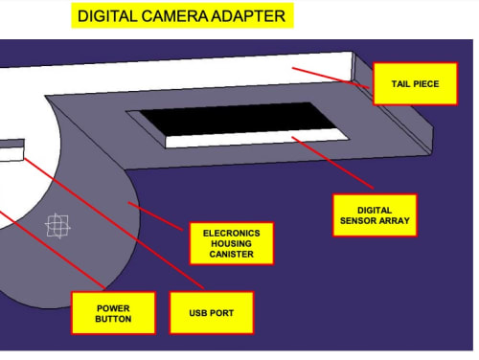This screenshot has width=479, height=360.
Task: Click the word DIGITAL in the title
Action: click(x=107, y=16)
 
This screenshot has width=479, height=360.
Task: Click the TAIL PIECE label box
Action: click(x=415, y=84)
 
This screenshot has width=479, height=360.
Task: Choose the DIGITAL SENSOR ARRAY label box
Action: click(x=375, y=215)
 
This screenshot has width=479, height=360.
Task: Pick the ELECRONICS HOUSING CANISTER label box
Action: click(x=232, y=243)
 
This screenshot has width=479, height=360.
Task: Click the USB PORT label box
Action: click(x=212, y=313)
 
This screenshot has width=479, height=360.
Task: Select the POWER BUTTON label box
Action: click(x=113, y=313)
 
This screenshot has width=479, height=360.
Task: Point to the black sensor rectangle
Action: click(x=238, y=119)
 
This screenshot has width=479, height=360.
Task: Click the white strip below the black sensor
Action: click(x=257, y=139)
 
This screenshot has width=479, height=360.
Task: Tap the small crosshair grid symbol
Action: click(x=57, y=226)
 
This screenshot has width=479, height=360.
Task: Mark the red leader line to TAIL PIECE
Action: click(x=331, y=78)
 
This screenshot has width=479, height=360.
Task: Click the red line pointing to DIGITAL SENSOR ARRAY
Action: click(x=332, y=163)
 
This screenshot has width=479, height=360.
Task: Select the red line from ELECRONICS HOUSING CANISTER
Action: click(x=155, y=216)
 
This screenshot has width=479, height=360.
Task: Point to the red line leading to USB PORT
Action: click(x=114, y=223)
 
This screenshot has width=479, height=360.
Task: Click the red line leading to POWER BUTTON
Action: click(x=53, y=250)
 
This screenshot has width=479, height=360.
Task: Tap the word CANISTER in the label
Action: click(x=232, y=254)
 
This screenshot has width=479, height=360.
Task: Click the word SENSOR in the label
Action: click(x=356, y=220)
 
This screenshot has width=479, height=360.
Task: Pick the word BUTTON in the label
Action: click(x=113, y=319)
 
